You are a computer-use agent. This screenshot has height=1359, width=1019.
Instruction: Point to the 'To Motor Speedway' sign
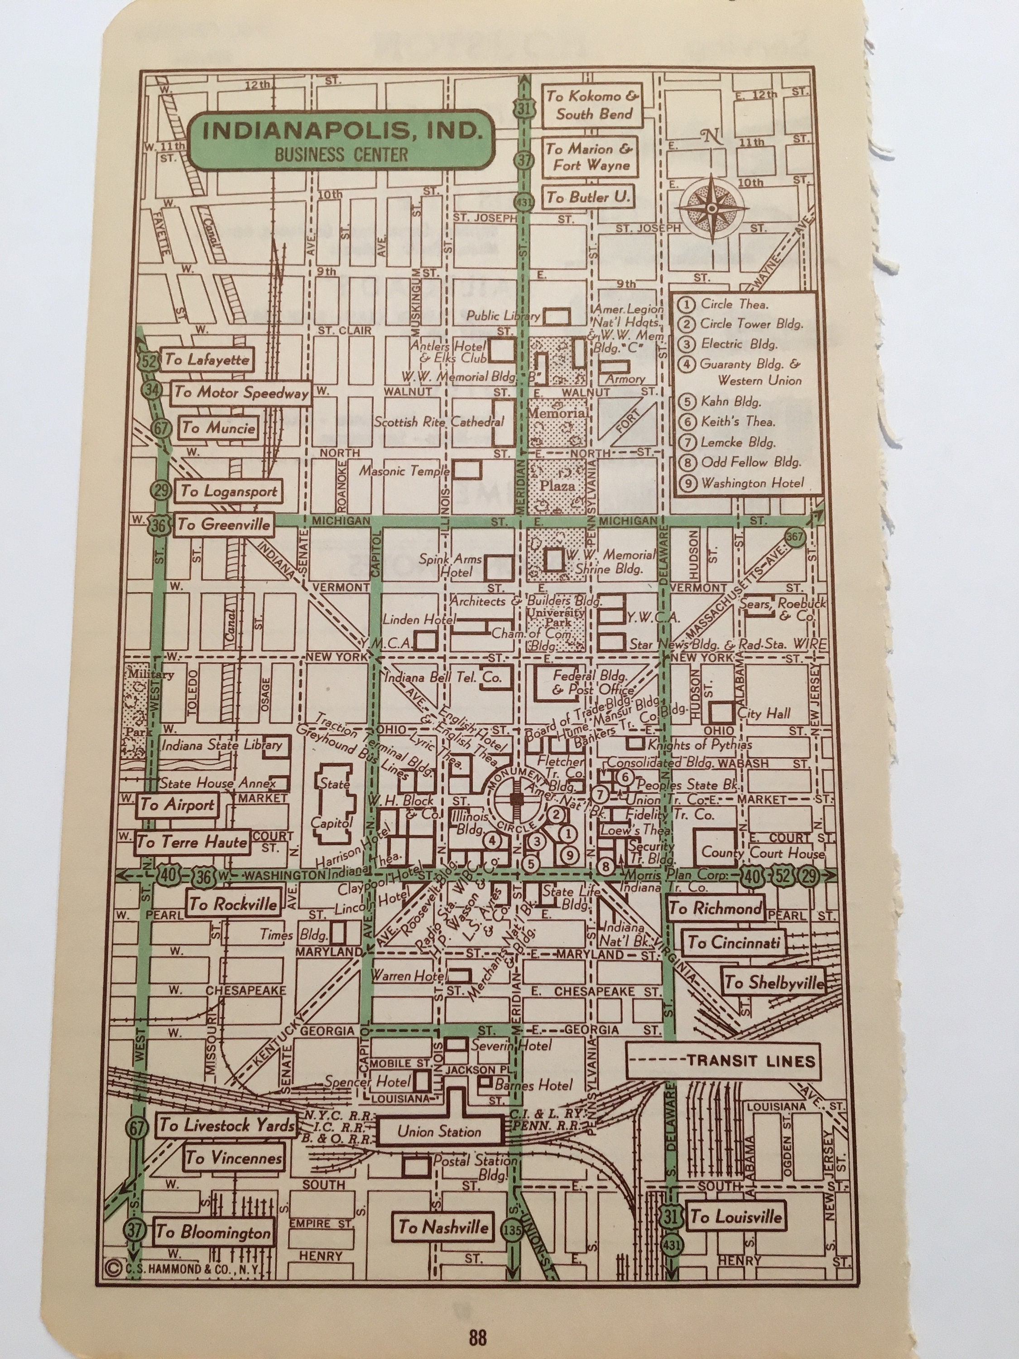pyautogui.click(x=241, y=393)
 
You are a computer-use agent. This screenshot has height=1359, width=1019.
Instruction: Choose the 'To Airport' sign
pyautogui.click(x=177, y=804)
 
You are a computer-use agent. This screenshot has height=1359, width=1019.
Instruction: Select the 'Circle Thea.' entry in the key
pyautogui.click(x=735, y=304)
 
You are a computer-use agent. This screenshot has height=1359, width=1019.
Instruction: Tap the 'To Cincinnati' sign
pyautogui.click(x=733, y=942)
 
